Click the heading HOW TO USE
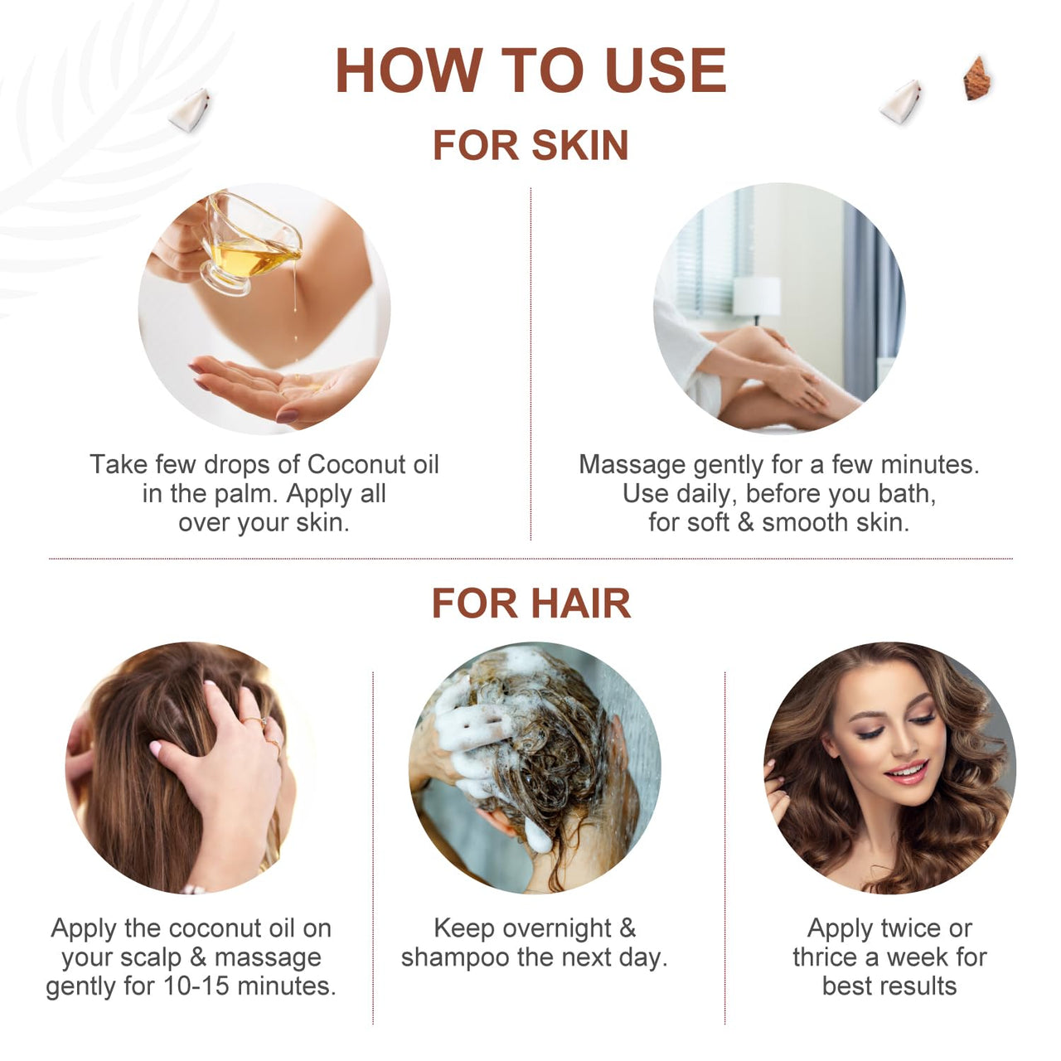530,70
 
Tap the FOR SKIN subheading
530,145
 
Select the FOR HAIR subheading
530,603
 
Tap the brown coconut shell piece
976,79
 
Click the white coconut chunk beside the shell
902,103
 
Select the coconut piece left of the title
191,109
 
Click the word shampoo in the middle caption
455,958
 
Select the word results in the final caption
919,986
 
